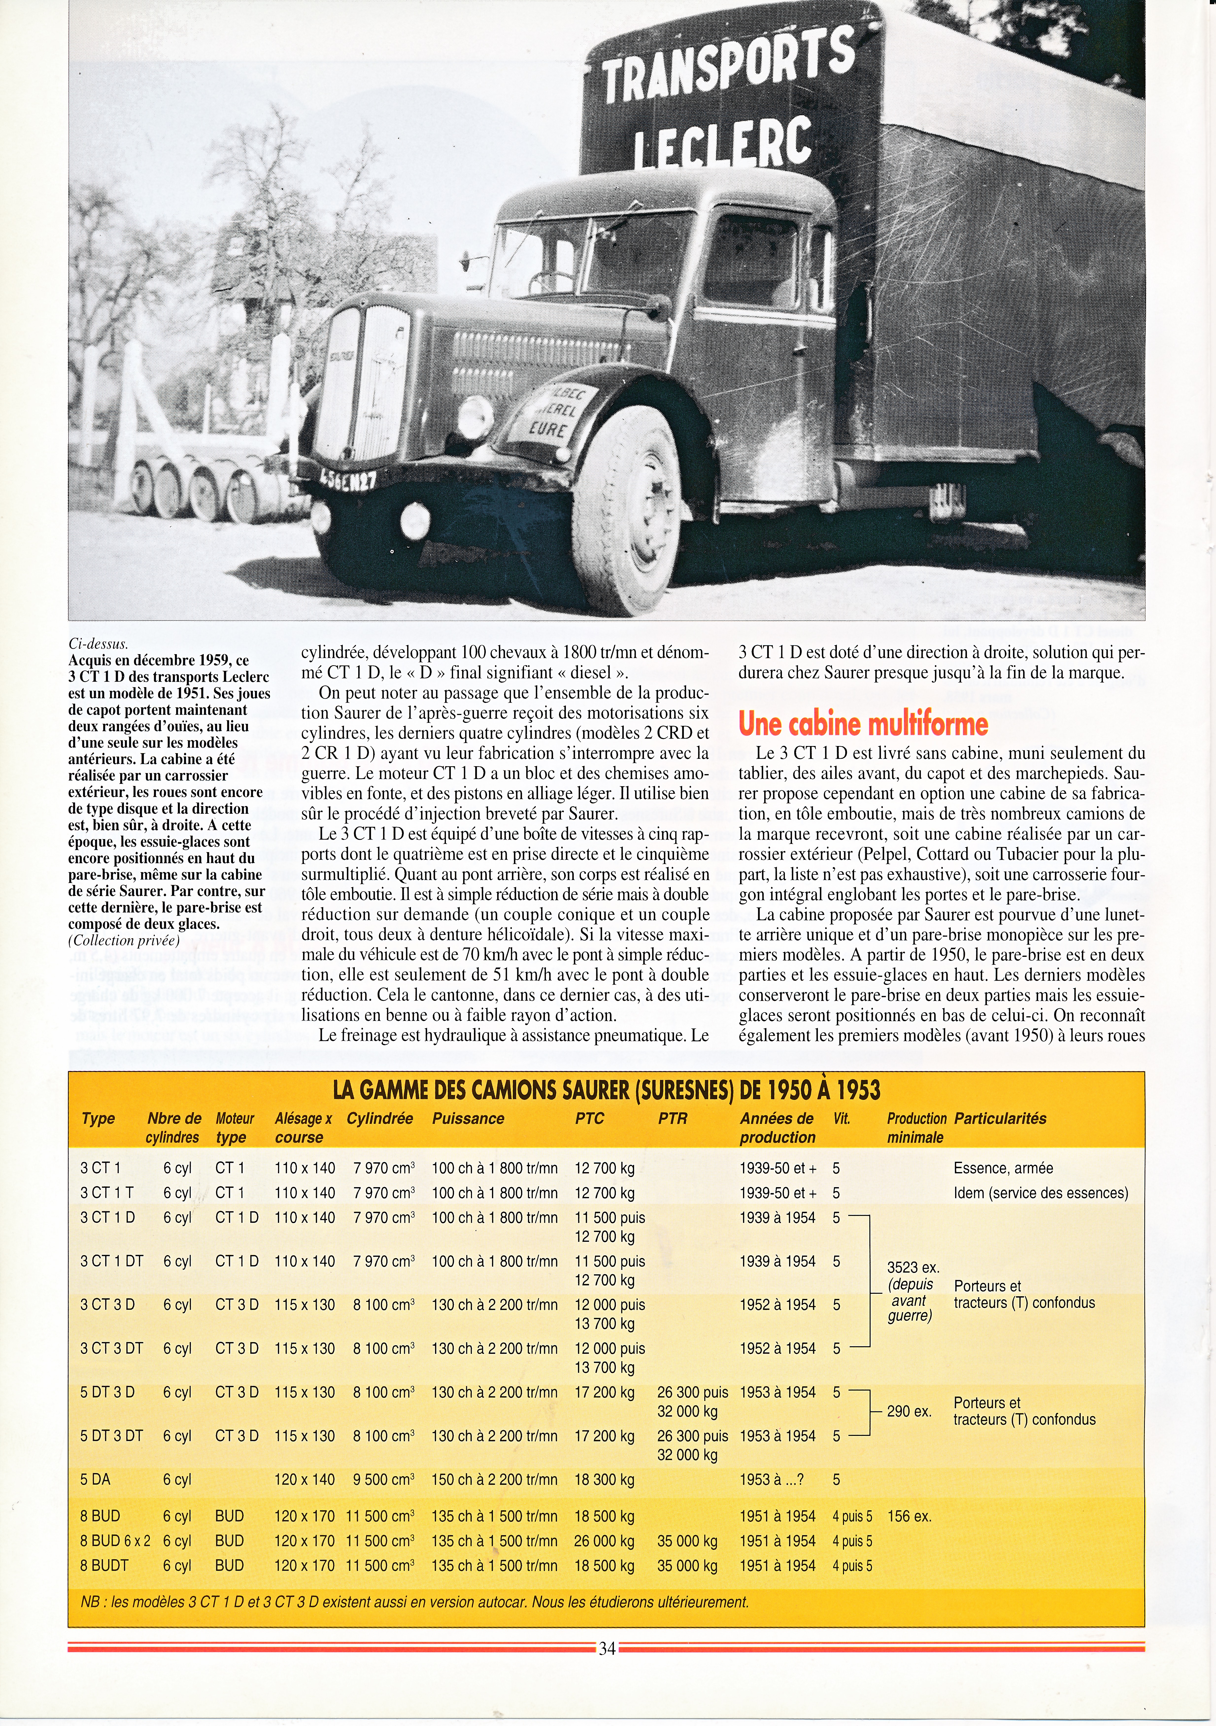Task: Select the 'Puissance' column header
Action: point(467,1119)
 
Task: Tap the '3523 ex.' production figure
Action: point(913,1267)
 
